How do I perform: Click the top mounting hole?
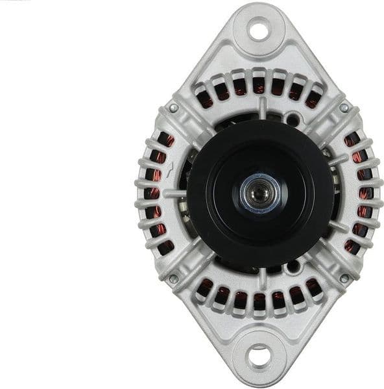pos(258,29)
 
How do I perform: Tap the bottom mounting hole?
pos(258,356)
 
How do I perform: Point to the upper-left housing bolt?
pos(173,108)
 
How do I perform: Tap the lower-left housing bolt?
pos(173,279)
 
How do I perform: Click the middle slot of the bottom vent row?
pos(259,301)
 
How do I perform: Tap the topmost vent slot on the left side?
pos(165,139)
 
